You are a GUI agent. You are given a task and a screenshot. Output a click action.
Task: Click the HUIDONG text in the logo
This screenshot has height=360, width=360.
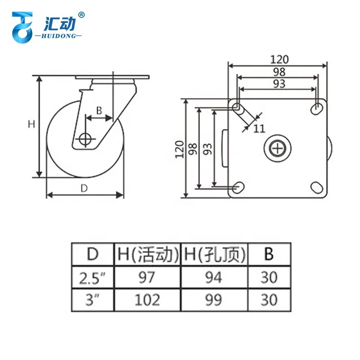(x=57, y=36)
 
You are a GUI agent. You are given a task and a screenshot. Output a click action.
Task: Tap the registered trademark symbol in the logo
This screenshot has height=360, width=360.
(x=81, y=15)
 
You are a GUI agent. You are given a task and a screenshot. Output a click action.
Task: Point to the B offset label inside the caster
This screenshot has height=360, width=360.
(x=99, y=110)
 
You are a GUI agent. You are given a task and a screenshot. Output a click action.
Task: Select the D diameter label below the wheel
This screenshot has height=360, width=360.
(x=84, y=188)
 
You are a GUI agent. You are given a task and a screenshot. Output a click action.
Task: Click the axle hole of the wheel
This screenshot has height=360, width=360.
(x=85, y=139)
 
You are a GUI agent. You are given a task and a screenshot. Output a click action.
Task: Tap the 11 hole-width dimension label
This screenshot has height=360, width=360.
(x=259, y=129)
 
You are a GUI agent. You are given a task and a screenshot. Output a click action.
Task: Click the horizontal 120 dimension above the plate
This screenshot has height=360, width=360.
(x=279, y=59)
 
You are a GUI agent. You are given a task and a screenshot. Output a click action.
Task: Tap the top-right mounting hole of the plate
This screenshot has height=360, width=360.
(x=317, y=108)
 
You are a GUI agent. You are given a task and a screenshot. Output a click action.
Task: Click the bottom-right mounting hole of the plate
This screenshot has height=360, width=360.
(x=316, y=187)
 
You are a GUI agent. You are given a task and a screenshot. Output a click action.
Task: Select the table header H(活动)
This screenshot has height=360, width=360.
(x=147, y=254)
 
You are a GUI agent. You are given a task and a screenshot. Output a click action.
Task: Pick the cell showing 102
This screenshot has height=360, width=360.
(x=147, y=300)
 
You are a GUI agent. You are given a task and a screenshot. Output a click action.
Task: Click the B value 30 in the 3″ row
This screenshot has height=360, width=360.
(x=269, y=300)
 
